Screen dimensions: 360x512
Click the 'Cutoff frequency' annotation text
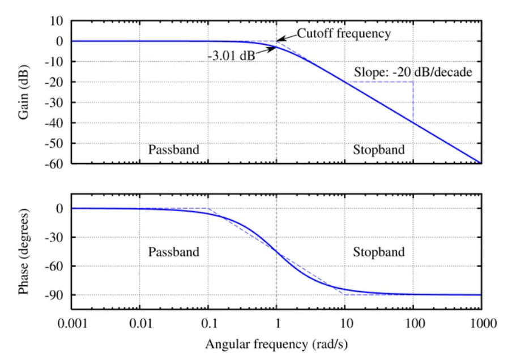coord(344,33)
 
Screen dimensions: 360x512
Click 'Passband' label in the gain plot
coord(174,150)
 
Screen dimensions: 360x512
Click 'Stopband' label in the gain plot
coord(379,150)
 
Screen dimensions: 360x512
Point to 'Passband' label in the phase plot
coord(174,252)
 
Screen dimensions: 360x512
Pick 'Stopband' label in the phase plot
coord(379,252)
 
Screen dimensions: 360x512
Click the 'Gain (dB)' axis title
coord(24,92)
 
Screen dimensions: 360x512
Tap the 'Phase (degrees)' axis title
coord(24,252)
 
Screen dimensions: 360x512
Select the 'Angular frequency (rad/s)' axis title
coord(276,344)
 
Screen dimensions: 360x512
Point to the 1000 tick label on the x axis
coord(481,324)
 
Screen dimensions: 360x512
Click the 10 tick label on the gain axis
coord(56,21)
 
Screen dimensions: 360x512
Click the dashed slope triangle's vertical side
coord(413,102)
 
